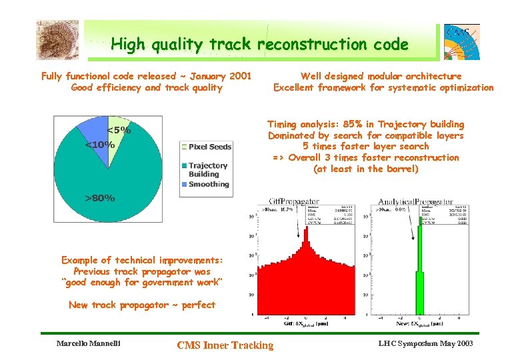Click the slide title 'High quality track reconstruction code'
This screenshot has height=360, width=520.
[259, 45]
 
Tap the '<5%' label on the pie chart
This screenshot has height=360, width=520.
[119, 131]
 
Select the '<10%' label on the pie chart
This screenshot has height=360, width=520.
[99, 145]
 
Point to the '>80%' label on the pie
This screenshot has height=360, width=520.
[99, 198]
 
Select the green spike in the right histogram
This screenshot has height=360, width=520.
[420, 267]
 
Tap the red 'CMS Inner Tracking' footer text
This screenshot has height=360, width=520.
[225, 345]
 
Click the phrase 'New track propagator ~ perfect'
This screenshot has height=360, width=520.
[142, 305]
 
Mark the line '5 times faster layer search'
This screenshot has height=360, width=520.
[366, 147]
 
